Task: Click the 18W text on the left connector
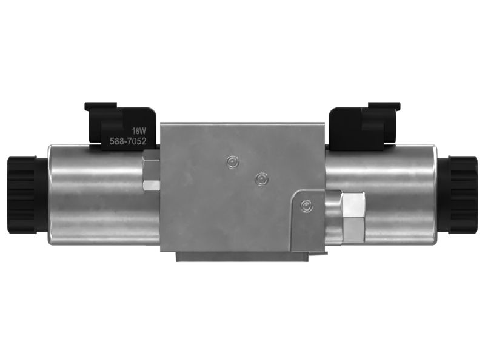[x=139, y=130]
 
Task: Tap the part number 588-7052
[x=128, y=142]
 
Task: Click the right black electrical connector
[x=363, y=126]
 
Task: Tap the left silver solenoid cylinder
[x=97, y=194]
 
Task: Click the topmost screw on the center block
[x=231, y=161]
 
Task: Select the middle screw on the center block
[x=261, y=178]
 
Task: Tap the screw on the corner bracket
[x=306, y=205]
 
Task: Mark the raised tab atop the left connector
[x=101, y=106]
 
